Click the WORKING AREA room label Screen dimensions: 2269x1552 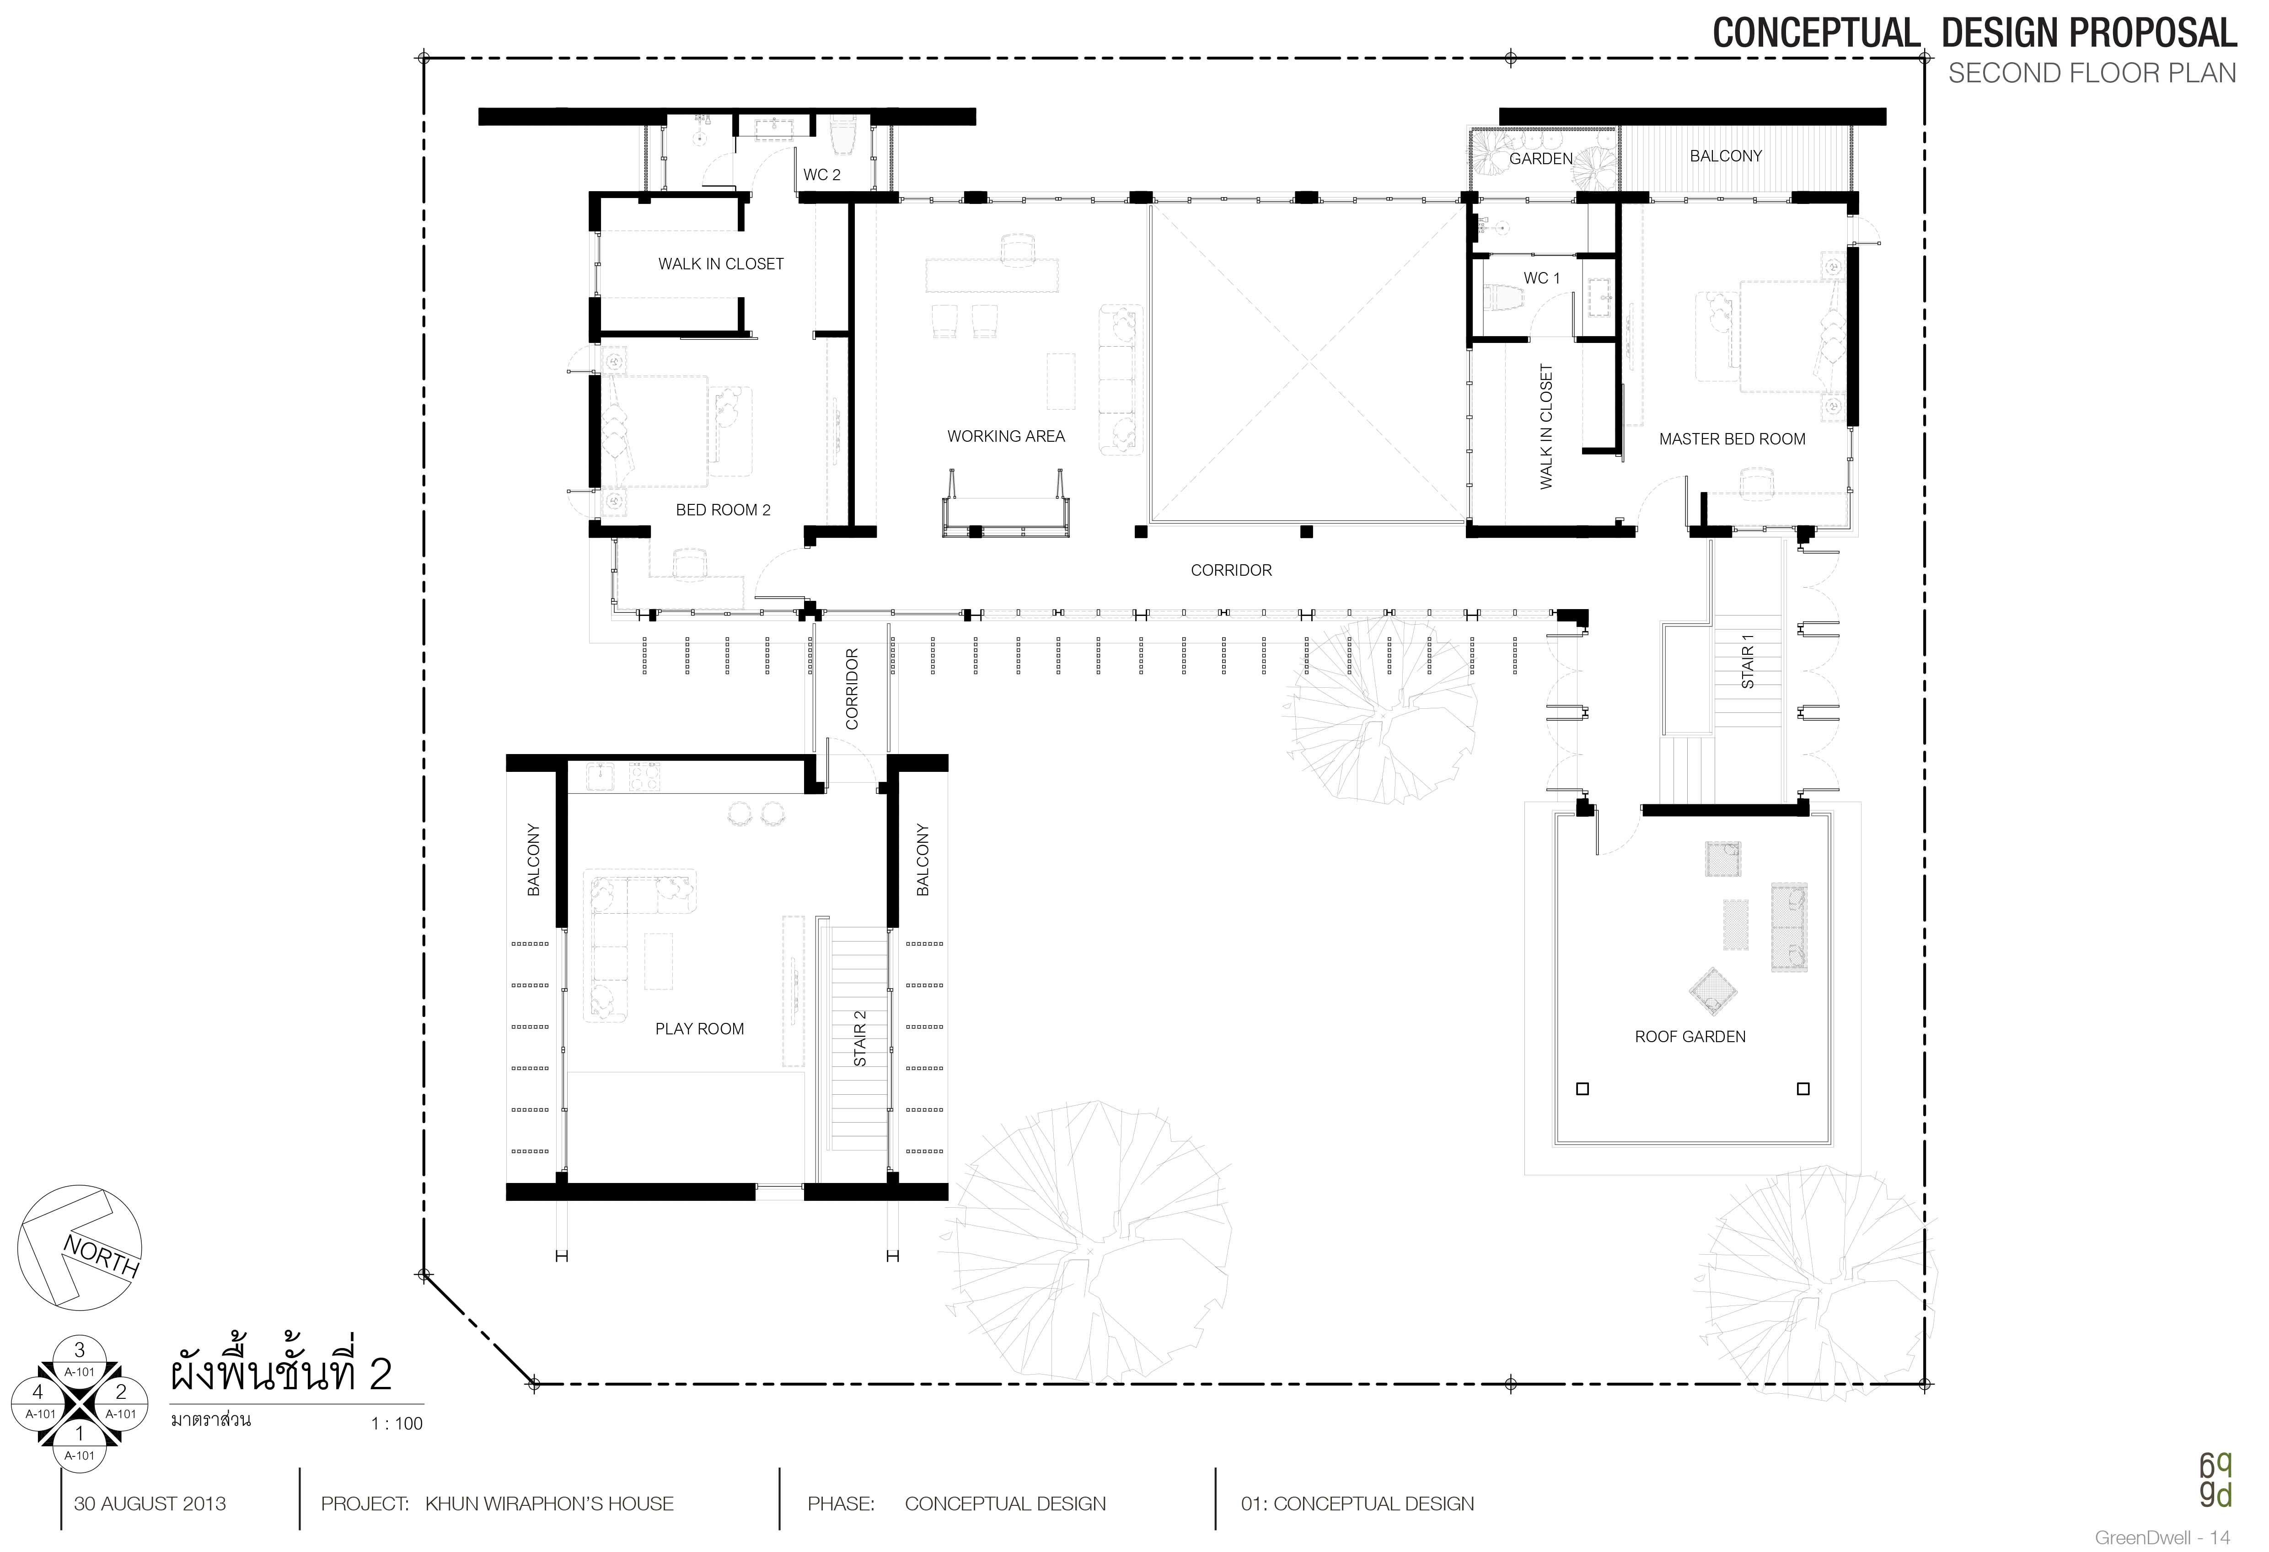point(1006,436)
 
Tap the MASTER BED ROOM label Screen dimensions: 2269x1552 point(1732,439)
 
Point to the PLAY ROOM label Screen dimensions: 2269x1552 point(699,1029)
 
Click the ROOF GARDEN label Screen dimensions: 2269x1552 point(1690,1037)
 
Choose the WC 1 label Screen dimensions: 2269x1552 point(1542,278)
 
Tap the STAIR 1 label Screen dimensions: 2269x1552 point(1748,661)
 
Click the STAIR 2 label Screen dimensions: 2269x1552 point(860,1038)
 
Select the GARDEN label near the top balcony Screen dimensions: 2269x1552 point(1541,158)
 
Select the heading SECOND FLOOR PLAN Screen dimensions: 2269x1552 point(2091,73)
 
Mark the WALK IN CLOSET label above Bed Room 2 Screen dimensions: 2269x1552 point(720,263)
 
